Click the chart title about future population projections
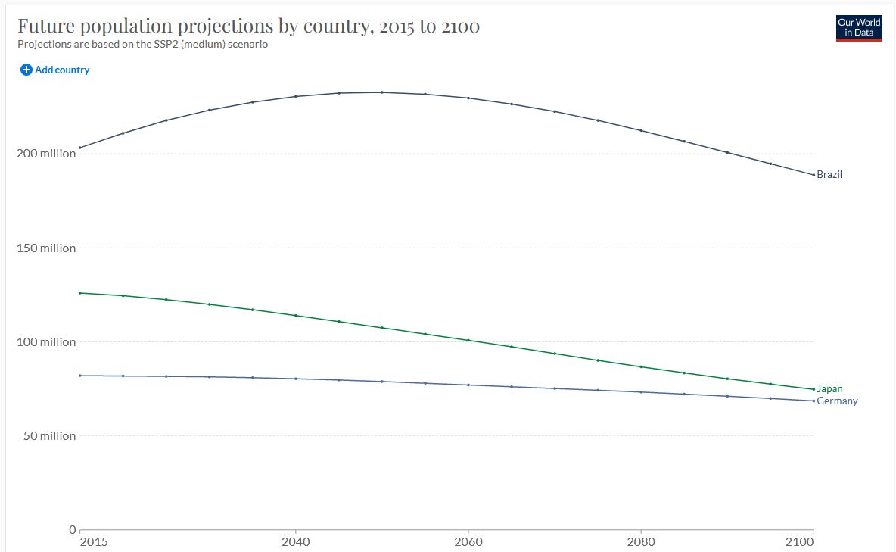click(x=248, y=27)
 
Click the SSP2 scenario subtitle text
click(x=143, y=44)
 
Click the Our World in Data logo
click(x=859, y=27)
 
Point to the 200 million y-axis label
click(x=46, y=154)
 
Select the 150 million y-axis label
click(x=46, y=248)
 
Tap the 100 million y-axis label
click(x=46, y=342)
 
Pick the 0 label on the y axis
click(x=73, y=529)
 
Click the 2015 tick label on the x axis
click(x=93, y=542)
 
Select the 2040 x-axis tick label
click(x=295, y=542)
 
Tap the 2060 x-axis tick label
click(x=468, y=542)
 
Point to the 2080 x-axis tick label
click(x=641, y=542)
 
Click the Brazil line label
click(x=829, y=175)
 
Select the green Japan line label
click(x=829, y=389)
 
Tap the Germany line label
click(x=837, y=401)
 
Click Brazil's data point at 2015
click(x=80, y=148)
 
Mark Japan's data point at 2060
click(x=468, y=340)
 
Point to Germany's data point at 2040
click(x=296, y=379)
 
